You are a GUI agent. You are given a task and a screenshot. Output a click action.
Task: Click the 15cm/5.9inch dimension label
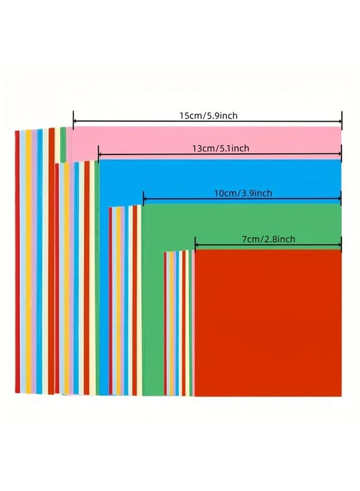tap(208, 116)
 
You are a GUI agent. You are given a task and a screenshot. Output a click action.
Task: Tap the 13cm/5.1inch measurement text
tap(221, 148)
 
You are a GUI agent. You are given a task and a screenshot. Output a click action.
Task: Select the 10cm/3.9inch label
tap(243, 193)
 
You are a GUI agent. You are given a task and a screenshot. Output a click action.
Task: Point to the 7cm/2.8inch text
tap(268, 239)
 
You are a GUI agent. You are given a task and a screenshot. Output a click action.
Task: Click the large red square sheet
tap(268, 323)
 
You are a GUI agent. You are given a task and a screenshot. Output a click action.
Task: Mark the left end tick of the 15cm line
tap(73, 120)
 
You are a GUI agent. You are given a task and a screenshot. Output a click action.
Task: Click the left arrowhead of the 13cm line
tap(101, 154)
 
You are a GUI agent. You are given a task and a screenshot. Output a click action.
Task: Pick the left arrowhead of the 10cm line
tap(146, 199)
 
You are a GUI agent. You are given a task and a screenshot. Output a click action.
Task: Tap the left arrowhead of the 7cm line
tap(197, 244)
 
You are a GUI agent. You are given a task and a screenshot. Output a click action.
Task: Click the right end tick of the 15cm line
tap(342, 120)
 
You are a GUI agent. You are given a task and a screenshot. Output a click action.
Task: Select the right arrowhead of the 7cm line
tap(339, 244)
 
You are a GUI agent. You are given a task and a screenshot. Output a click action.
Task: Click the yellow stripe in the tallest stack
tap(28, 261)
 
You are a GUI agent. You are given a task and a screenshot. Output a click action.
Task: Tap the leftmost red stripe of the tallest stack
tap(17, 262)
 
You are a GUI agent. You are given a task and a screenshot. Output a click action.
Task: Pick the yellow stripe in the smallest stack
tap(172, 324)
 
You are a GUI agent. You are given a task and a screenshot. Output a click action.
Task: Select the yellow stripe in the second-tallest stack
tap(67, 278)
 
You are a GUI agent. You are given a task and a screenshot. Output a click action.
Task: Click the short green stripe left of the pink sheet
tap(64, 145)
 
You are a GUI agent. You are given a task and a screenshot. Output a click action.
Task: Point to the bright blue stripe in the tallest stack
tap(39, 261)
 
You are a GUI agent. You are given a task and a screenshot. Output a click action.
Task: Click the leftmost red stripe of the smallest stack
tap(165, 324)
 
